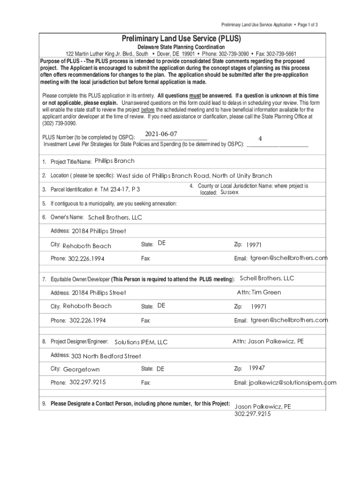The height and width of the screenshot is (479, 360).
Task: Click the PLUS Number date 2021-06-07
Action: click(x=161, y=134)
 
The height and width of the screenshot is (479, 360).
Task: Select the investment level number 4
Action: click(x=260, y=139)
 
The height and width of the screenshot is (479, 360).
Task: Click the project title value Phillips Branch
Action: click(x=115, y=161)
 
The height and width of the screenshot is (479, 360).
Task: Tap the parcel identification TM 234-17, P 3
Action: click(x=120, y=189)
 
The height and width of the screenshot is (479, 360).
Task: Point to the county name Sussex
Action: click(x=229, y=192)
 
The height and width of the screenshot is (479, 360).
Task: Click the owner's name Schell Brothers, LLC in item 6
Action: click(x=115, y=218)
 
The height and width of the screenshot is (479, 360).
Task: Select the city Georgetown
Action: click(x=81, y=370)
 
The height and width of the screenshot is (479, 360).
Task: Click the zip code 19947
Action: click(x=257, y=368)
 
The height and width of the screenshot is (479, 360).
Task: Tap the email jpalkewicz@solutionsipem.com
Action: click(x=292, y=383)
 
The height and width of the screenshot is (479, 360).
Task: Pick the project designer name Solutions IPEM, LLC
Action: click(x=141, y=342)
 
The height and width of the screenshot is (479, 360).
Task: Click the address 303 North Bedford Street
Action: click(x=106, y=356)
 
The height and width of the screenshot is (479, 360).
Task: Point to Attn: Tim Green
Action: click(x=259, y=292)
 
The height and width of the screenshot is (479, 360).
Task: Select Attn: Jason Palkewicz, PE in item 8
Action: click(x=268, y=341)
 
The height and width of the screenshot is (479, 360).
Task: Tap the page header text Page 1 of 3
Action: click(x=306, y=24)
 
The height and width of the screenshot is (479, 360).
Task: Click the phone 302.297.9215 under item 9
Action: click(x=252, y=414)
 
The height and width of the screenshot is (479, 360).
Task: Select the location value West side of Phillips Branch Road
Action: click(x=163, y=176)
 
